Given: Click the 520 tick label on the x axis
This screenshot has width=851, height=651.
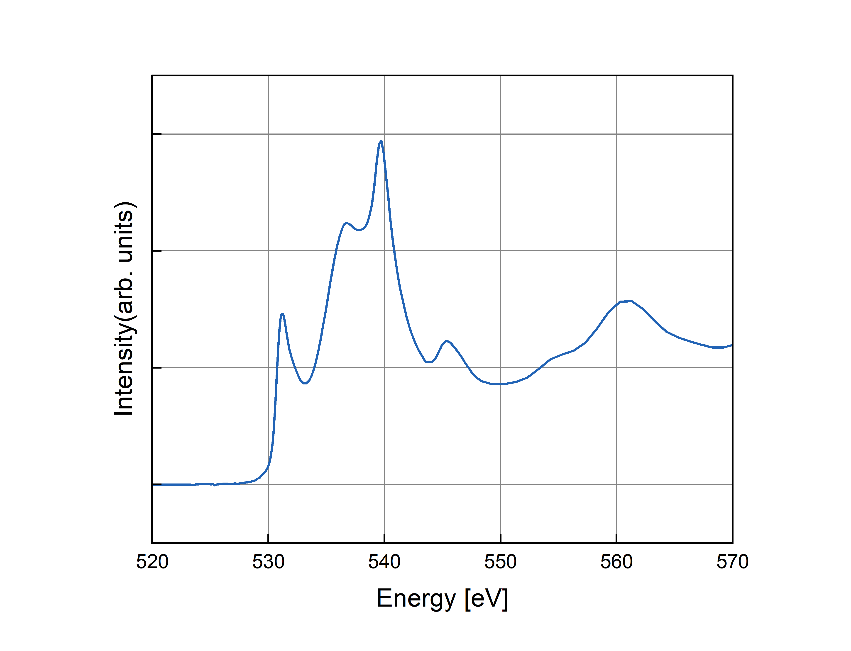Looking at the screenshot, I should tap(152, 562).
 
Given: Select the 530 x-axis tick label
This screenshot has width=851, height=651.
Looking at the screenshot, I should tap(268, 562).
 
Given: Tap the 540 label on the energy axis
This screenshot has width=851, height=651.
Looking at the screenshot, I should tap(384, 562).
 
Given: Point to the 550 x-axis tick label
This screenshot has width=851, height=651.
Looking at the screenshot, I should tap(500, 562).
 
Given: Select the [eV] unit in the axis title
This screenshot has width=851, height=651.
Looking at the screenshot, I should tap(486, 599).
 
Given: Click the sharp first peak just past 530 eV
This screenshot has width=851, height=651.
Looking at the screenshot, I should tap(282, 314).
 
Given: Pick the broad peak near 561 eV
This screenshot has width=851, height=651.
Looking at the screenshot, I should tap(626, 301).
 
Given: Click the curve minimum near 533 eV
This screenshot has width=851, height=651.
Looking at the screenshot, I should tap(305, 383).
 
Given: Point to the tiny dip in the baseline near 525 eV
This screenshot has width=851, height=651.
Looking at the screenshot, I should tap(214, 485).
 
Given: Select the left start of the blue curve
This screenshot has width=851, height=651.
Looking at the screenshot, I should tap(162, 484).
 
